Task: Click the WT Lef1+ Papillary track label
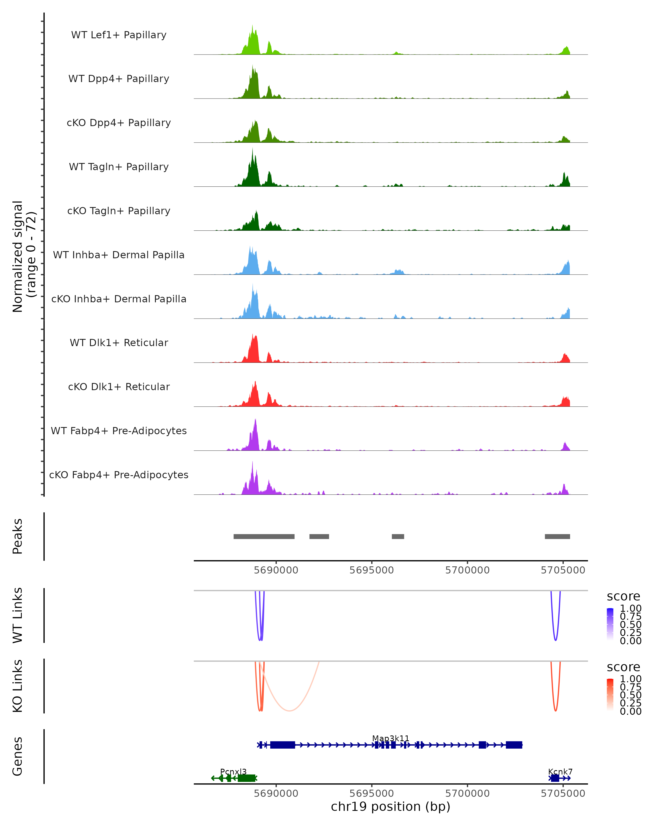pyautogui.click(x=119, y=35)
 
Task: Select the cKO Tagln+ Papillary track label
pyautogui.click(x=119, y=211)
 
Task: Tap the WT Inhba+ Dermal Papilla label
pyautogui.click(x=119, y=255)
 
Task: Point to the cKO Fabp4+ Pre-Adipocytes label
pyautogui.click(x=119, y=475)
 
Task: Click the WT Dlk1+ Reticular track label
pyautogui.click(x=119, y=343)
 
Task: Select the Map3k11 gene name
pyautogui.click(x=391, y=738)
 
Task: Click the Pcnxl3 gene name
pyautogui.click(x=233, y=771)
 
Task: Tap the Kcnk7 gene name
pyautogui.click(x=560, y=771)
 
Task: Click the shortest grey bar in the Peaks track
pyautogui.click(x=398, y=536)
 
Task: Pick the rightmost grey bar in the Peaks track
pyautogui.click(x=557, y=536)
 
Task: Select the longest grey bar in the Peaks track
pyautogui.click(x=264, y=536)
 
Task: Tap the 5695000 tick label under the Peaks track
pyautogui.click(x=371, y=570)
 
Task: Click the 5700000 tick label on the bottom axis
pyautogui.click(x=467, y=794)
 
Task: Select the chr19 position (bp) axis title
pyautogui.click(x=391, y=807)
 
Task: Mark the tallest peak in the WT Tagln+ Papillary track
pyautogui.click(x=253, y=150)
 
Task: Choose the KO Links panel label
pyautogui.click(x=18, y=686)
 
